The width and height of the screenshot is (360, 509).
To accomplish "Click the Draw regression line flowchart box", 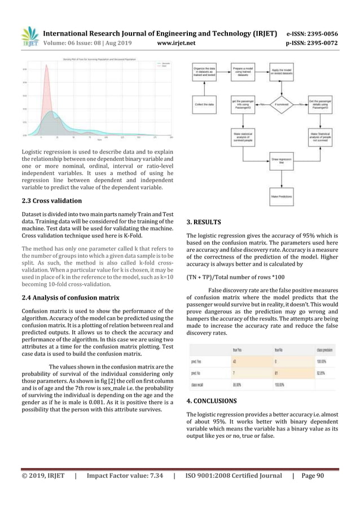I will (280, 161).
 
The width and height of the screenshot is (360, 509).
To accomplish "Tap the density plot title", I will (97, 59).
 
